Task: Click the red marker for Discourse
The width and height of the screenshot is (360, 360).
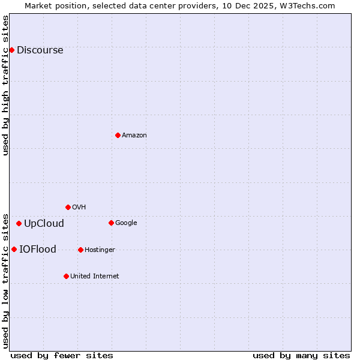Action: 11,50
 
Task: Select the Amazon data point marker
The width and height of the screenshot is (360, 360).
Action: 118,135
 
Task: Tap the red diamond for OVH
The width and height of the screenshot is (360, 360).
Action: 68,207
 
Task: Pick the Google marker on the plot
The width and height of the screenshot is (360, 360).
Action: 111,223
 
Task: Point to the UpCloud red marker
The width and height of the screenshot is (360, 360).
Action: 19,223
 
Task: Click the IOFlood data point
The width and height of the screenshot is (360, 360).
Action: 14,249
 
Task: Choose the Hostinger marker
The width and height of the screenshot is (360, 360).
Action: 80,250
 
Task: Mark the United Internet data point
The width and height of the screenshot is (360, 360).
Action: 66,276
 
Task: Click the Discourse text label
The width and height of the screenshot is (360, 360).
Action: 40,50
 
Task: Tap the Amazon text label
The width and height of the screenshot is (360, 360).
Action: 134,136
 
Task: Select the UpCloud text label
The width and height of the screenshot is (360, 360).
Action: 44,224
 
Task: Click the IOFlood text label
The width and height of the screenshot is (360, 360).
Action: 38,250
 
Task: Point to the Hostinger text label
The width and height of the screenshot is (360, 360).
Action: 100,250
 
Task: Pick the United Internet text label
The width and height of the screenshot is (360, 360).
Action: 94,277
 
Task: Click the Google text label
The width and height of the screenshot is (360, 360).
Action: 126,223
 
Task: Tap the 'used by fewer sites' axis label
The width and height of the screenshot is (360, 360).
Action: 62,356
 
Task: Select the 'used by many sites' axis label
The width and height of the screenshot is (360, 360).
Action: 301,356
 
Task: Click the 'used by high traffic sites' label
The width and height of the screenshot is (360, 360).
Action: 5,85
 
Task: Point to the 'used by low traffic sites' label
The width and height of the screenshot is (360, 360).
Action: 5,281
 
